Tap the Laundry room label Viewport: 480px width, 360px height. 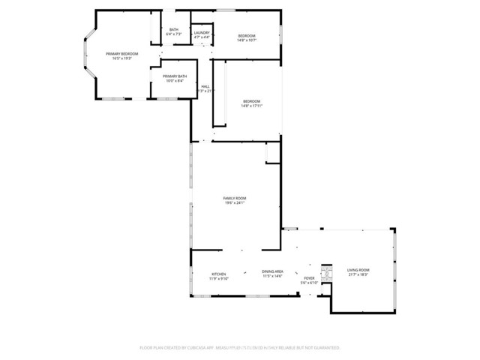[202, 33]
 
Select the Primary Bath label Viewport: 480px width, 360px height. [174, 76]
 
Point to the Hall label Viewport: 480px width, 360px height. [205, 86]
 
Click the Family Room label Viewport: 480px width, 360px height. [235, 198]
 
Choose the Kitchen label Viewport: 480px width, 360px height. [218, 274]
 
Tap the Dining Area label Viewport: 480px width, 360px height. [272, 271]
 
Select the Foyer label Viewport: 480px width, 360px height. [309, 278]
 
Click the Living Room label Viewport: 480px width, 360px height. [358, 270]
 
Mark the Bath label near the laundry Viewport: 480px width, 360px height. [173, 29]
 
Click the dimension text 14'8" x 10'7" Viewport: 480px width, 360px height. [247, 40]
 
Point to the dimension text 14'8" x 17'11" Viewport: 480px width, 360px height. [251, 106]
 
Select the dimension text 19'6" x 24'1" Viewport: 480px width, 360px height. [235, 202]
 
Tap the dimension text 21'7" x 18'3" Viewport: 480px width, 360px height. [358, 274]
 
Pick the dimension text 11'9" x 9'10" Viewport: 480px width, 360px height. [218, 278]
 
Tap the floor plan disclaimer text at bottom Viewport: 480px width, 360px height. [240, 348]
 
